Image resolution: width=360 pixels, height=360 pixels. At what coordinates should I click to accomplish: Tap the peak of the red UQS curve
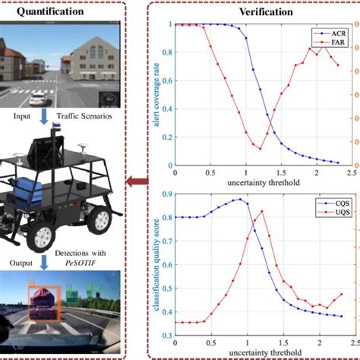point(261,211)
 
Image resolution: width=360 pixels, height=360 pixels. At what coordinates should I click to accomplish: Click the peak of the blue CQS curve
point(239,200)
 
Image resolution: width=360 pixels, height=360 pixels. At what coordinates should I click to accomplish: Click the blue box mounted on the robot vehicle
point(31,186)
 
